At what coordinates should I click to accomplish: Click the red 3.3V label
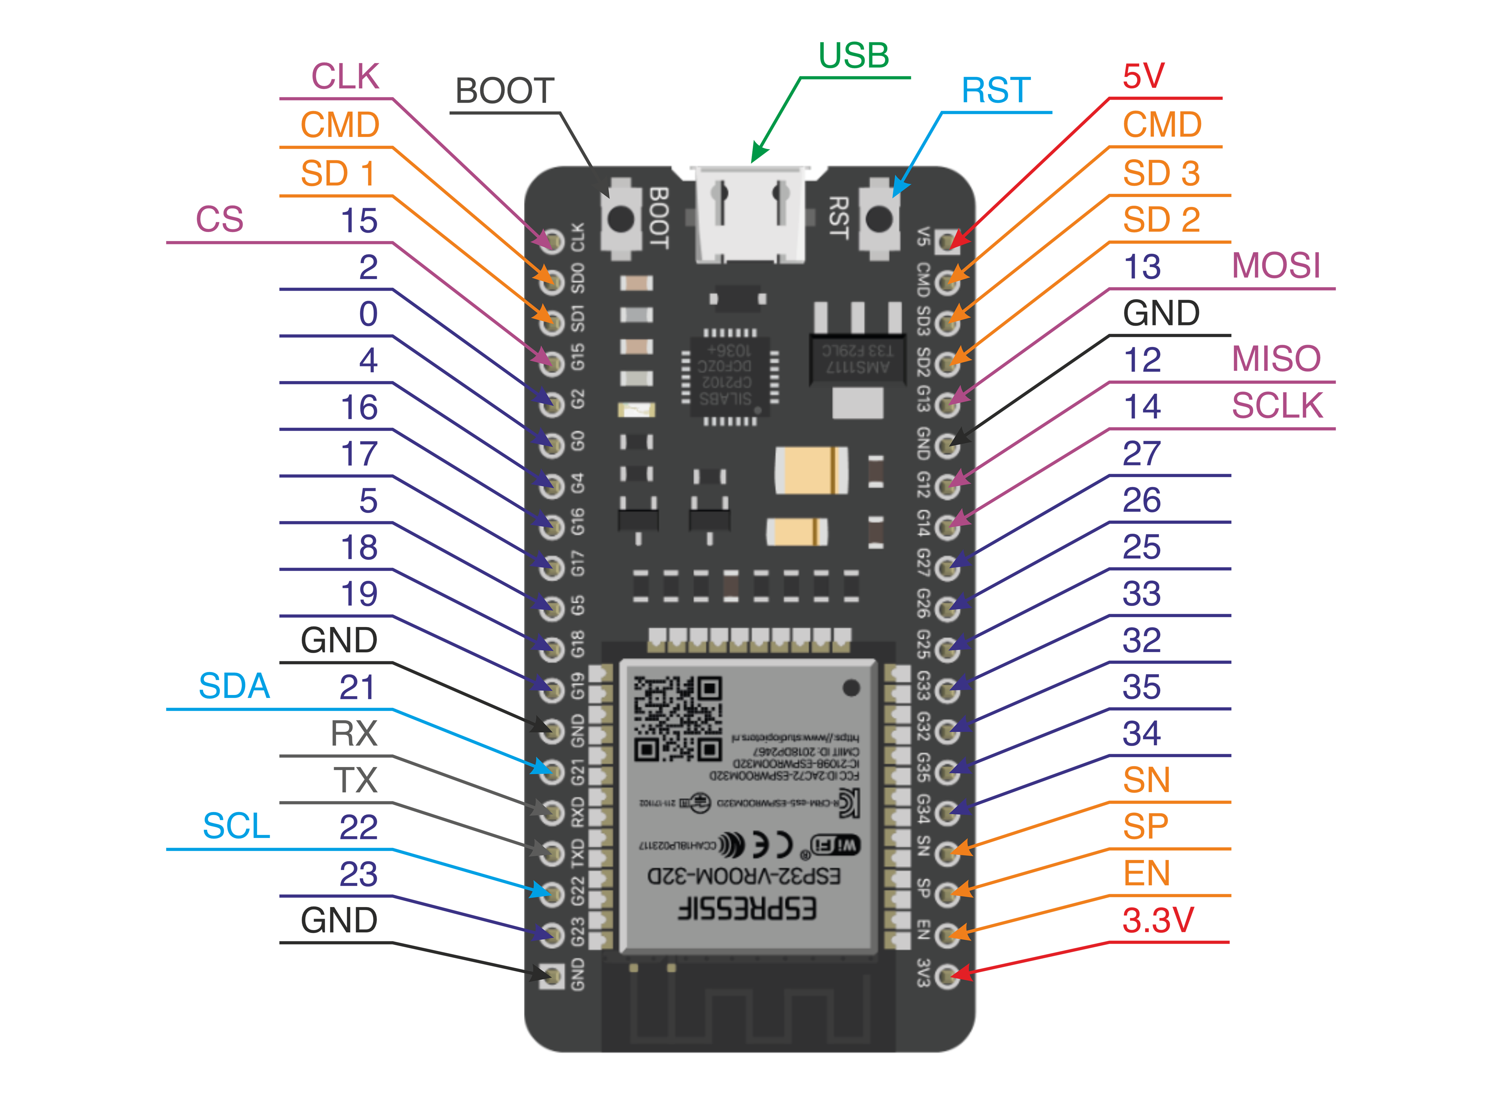coord(1158,921)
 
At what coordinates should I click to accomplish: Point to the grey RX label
coord(353,734)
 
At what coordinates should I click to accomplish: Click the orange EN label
coord(1146,874)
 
